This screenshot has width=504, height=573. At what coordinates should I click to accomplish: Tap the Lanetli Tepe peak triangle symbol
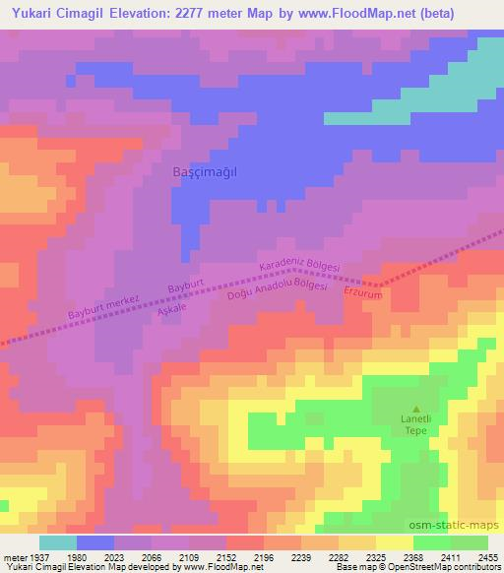[x=415, y=409]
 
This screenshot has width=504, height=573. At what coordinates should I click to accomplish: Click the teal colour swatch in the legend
[x=58, y=542]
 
